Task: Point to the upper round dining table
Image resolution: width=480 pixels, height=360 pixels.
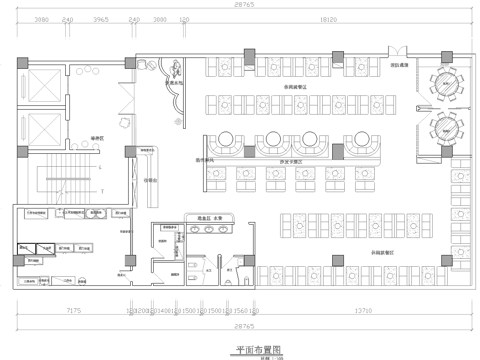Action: click(442, 82)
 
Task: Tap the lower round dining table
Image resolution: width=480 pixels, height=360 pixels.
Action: click(442, 127)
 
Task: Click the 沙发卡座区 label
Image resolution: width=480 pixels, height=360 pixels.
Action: click(297, 162)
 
